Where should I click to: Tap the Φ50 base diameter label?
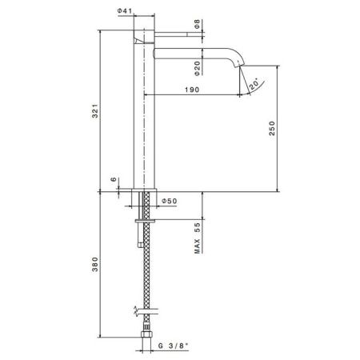point(169,202)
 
